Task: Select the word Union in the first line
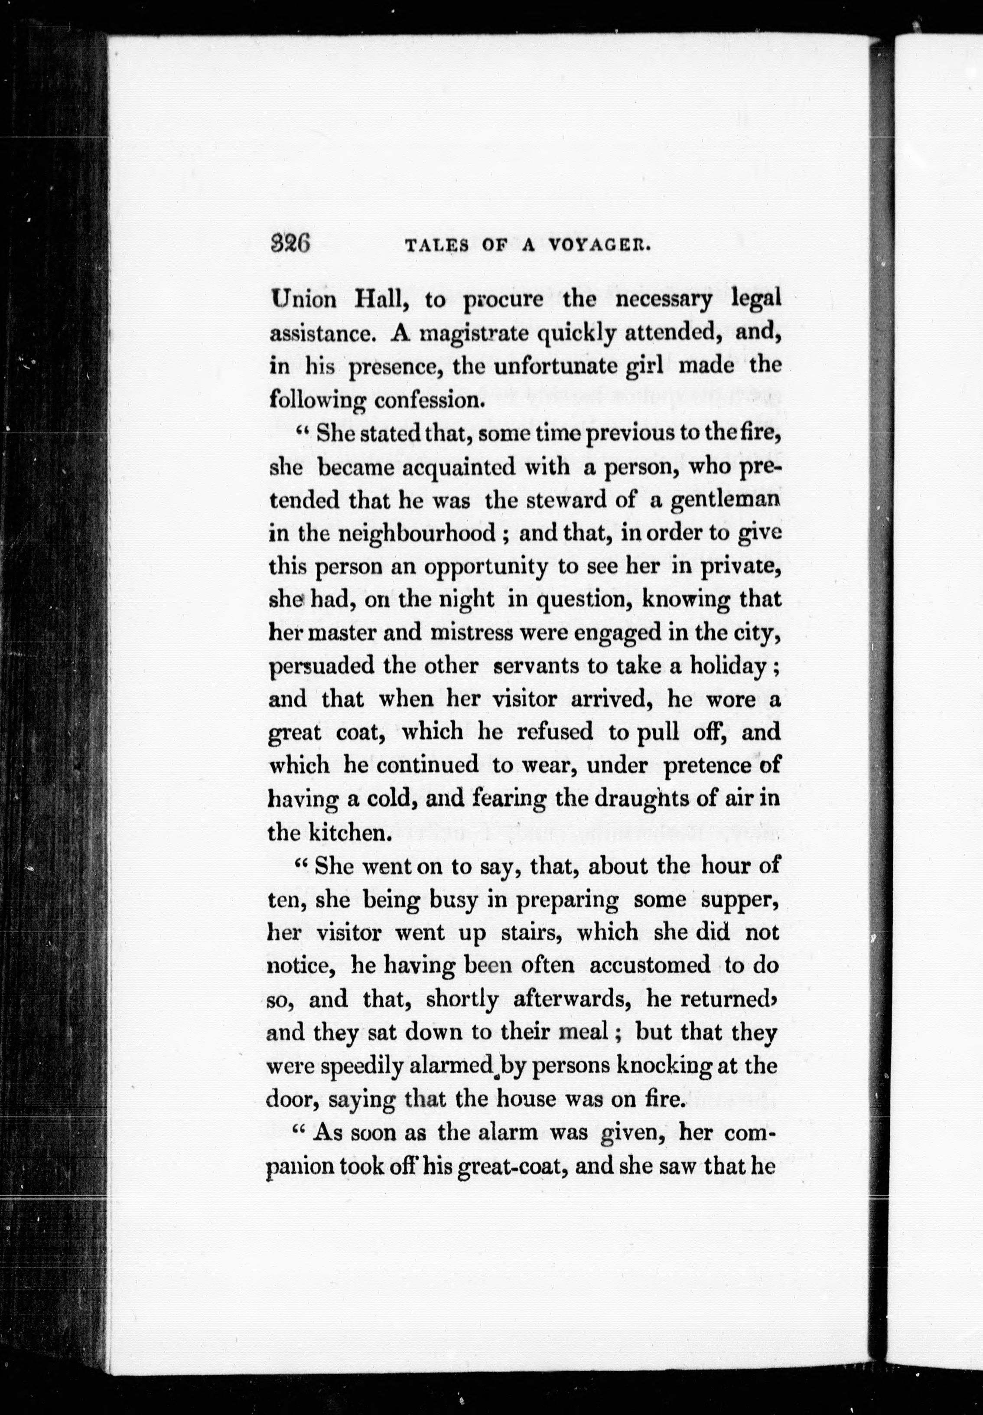point(304,300)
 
